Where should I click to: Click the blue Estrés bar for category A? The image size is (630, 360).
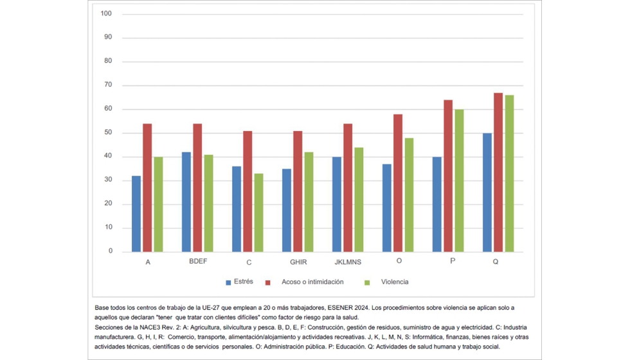coord(136,213)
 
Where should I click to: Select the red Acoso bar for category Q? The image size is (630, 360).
coord(498,172)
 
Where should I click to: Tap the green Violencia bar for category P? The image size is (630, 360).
coord(459,181)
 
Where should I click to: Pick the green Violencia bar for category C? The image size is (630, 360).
coord(258,213)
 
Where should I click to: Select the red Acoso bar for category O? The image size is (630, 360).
coord(398,183)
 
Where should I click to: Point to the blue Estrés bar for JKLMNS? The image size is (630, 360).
coord(337,204)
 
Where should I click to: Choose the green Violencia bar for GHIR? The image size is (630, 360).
coord(309,202)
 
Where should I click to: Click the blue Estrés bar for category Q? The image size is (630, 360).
coord(487,192)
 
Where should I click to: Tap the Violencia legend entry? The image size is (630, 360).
coord(394,282)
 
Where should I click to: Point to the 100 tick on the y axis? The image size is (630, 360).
coord(107,14)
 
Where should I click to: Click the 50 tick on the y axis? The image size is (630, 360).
coord(108,133)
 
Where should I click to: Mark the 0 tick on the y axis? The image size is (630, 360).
coord(110,251)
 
